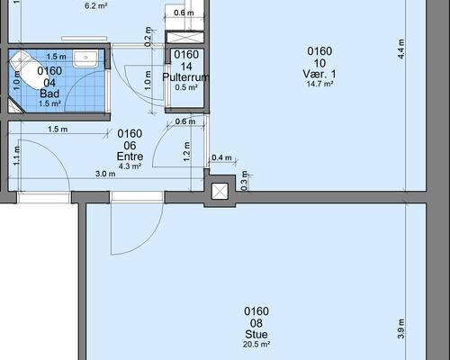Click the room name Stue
click(x=256, y=334)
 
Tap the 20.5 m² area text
click(x=256, y=344)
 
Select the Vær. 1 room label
click(x=319, y=74)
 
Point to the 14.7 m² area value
click(x=319, y=84)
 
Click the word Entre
click(x=130, y=157)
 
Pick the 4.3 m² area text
click(x=130, y=166)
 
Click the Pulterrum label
click(x=185, y=77)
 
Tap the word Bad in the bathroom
click(x=49, y=94)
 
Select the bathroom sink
click(x=85, y=58)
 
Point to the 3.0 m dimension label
click(x=105, y=174)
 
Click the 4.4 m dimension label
click(x=401, y=49)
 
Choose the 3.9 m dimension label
click(x=401, y=328)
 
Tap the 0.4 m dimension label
click(x=221, y=157)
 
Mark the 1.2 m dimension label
click(x=186, y=152)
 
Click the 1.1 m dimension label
click(x=16, y=156)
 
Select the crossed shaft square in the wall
click(x=220, y=191)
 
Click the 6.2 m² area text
click(x=96, y=5)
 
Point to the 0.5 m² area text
click(x=186, y=87)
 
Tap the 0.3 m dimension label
click(x=245, y=181)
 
